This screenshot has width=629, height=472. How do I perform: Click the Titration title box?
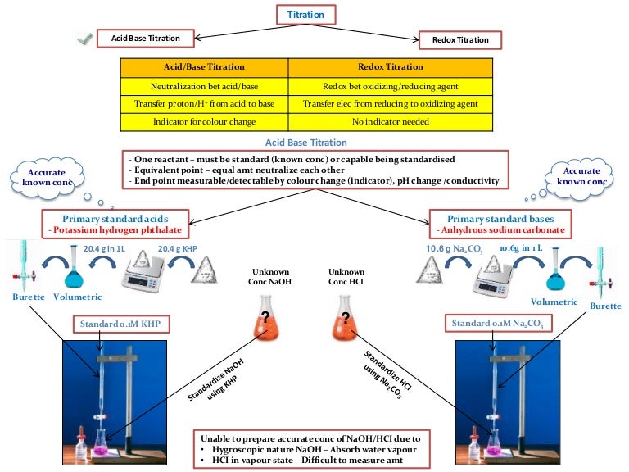pyautogui.click(x=305, y=15)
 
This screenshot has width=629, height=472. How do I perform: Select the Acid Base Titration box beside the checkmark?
pyautogui.click(x=146, y=38)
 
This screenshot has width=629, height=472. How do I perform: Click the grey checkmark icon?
pyautogui.click(x=82, y=39)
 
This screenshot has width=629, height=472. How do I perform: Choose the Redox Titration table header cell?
pyautogui.click(x=391, y=66)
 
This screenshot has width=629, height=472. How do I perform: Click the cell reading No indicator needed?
pyautogui.click(x=391, y=121)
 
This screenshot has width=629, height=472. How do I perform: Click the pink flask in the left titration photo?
pyautogui.click(x=103, y=443)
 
